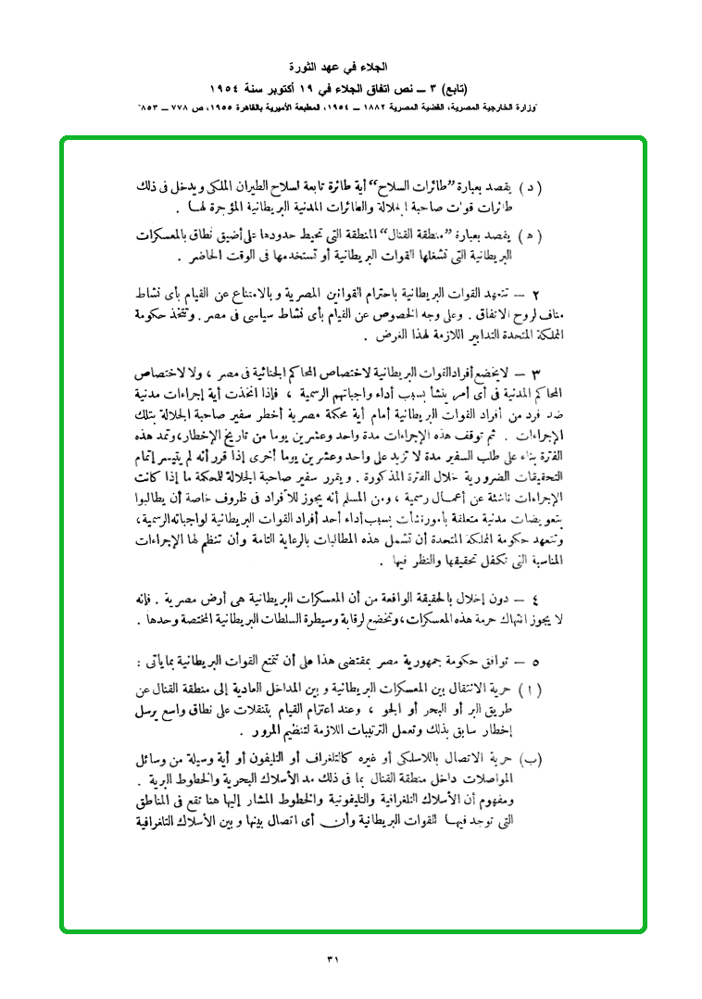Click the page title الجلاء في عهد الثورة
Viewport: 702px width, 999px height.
pos(351,68)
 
